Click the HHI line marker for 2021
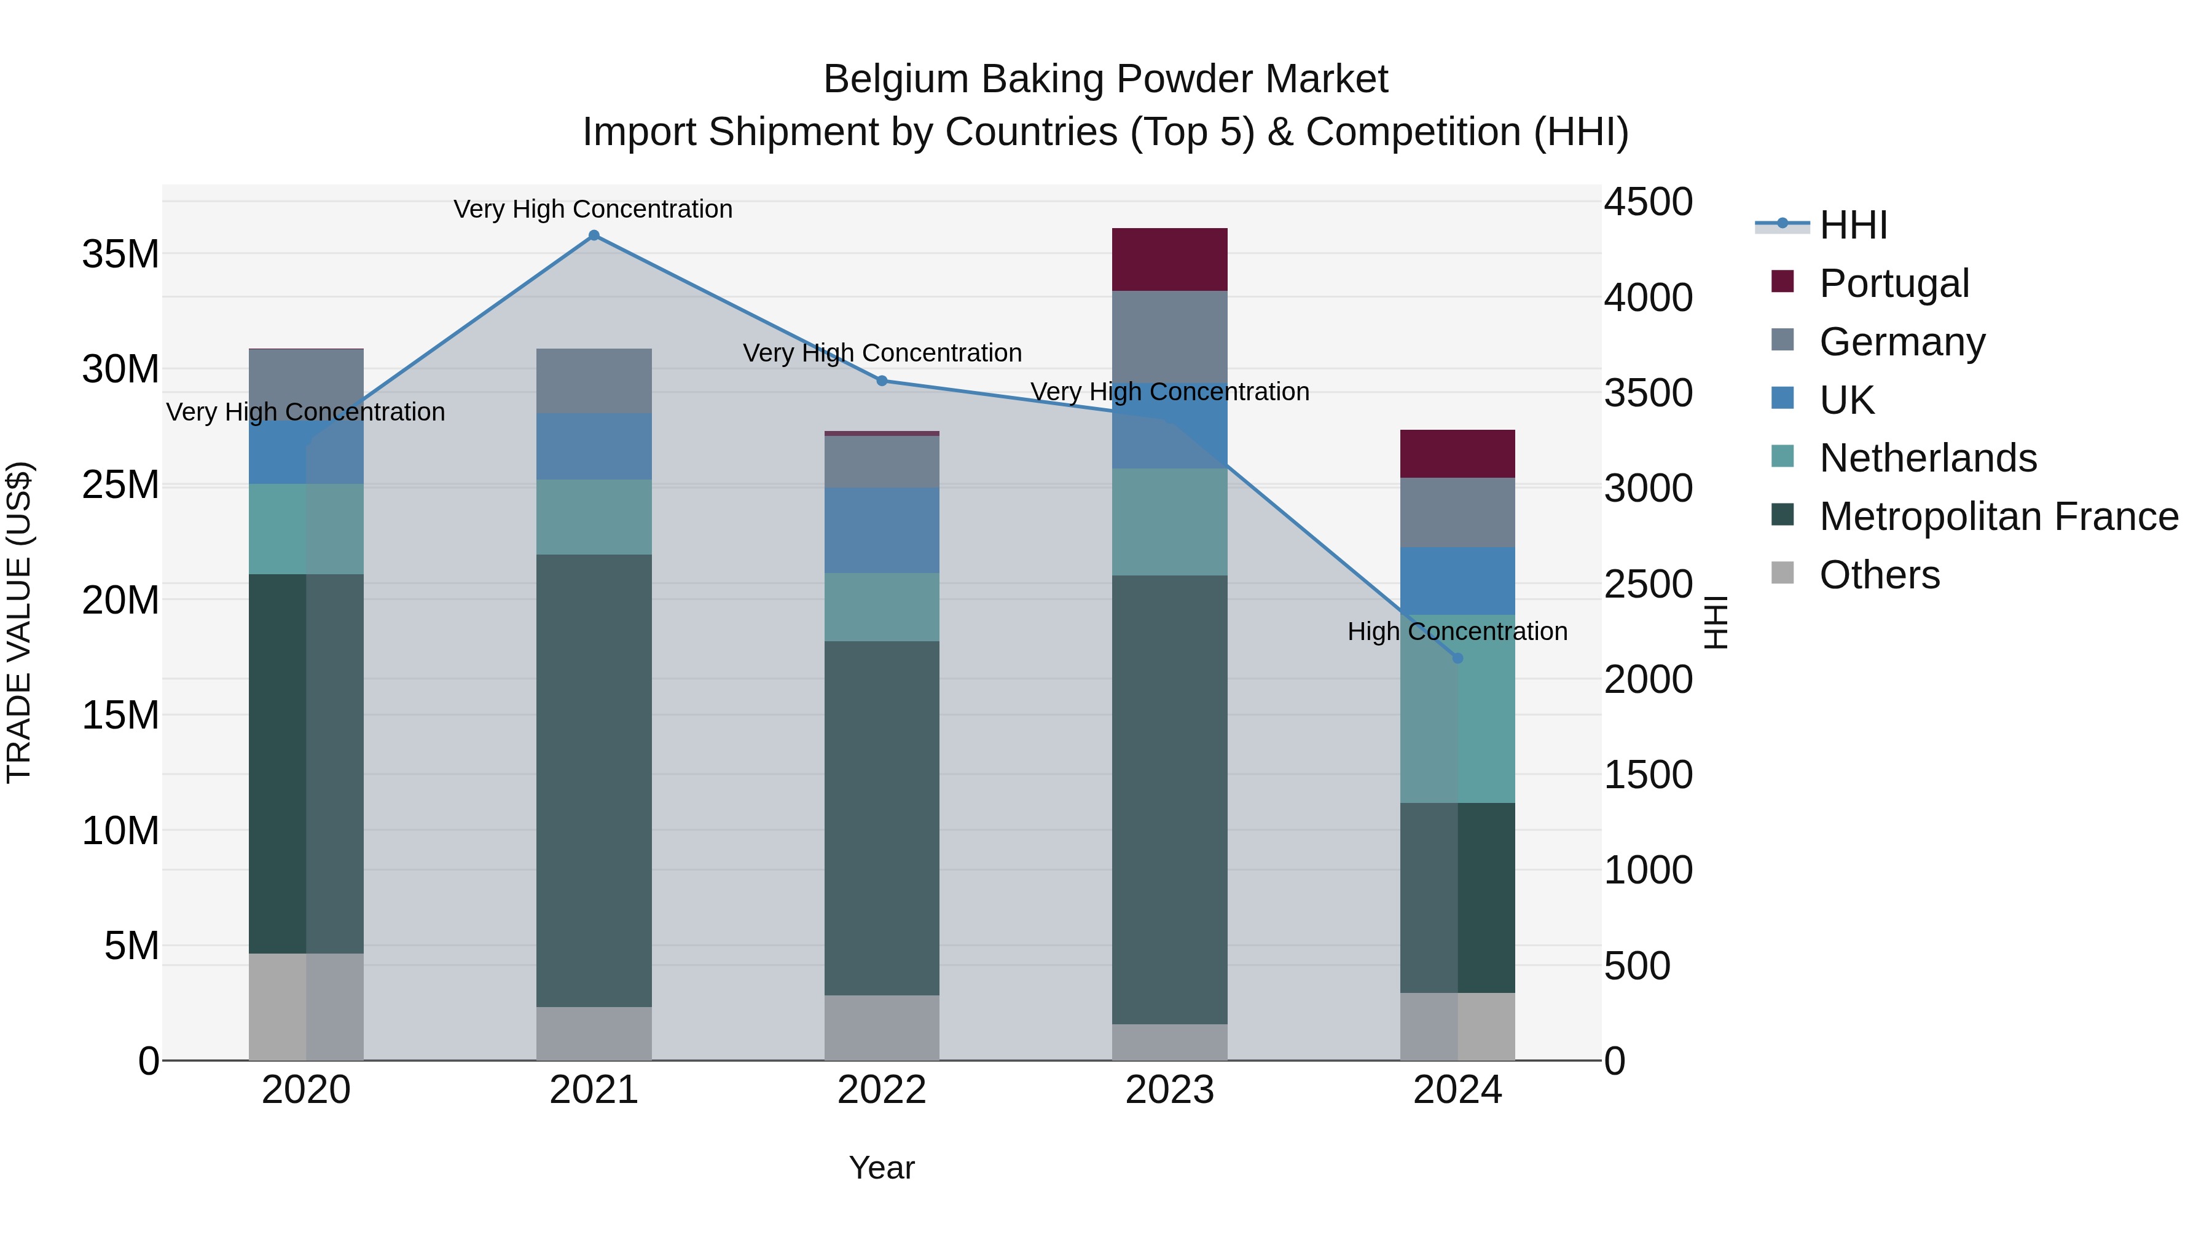(x=594, y=235)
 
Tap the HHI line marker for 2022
(x=882, y=381)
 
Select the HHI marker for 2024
(x=1457, y=658)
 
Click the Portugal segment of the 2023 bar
(x=1169, y=259)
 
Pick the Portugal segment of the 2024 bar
(x=1457, y=454)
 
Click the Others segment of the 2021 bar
(x=594, y=1034)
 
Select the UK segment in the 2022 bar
(x=882, y=530)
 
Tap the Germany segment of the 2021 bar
(x=594, y=381)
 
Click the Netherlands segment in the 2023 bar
(x=1169, y=521)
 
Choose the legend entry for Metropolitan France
(x=1998, y=516)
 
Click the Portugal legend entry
(x=1894, y=283)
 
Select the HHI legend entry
(x=1853, y=225)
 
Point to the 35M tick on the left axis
(x=120, y=255)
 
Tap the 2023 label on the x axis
(x=1169, y=1090)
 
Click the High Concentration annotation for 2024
(x=1457, y=631)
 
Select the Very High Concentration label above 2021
(x=594, y=209)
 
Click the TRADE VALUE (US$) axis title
(x=19, y=622)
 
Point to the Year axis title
(x=882, y=1168)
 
